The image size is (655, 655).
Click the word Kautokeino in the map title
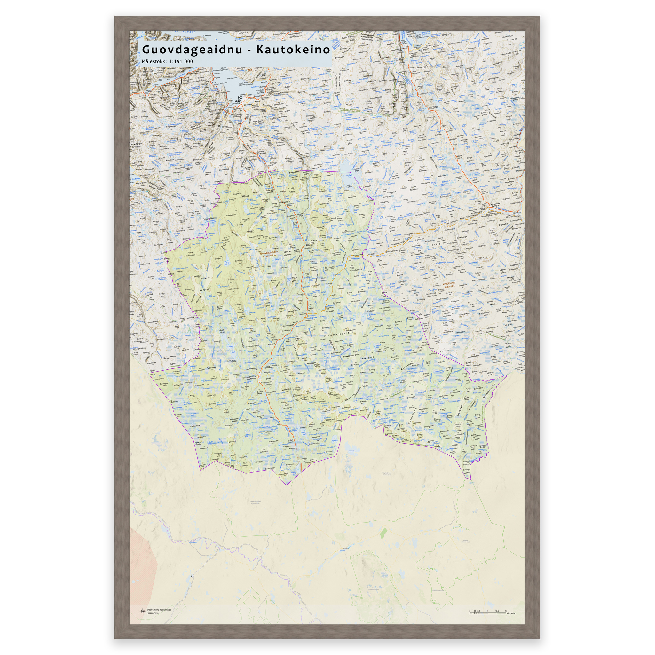coord(293,50)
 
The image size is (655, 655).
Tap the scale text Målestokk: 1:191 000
coord(167,62)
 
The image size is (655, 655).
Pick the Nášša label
coord(245,196)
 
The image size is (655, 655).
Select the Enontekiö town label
coord(346,548)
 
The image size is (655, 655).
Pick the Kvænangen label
coord(137,144)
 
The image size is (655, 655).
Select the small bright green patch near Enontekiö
coord(383,533)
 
